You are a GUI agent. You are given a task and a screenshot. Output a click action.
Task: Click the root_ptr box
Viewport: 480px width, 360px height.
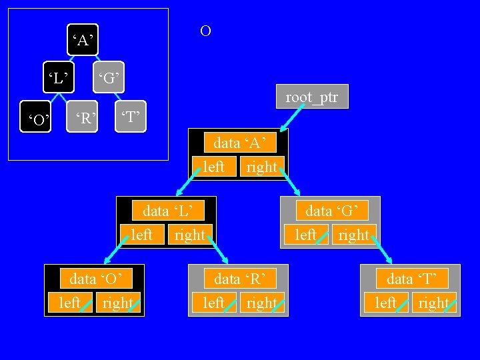(312, 97)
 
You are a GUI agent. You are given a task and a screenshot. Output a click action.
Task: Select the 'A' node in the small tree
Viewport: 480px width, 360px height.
(81, 41)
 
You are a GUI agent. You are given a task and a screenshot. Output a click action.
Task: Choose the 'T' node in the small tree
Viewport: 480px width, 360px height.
(130, 118)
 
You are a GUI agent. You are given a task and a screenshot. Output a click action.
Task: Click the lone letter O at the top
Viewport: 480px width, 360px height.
(205, 31)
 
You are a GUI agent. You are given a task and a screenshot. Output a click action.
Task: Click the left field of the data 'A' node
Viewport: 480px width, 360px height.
(213, 167)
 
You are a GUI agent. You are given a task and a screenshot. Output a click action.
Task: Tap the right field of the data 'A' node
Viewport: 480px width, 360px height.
(261, 167)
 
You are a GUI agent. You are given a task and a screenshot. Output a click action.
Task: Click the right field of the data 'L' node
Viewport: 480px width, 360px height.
(190, 235)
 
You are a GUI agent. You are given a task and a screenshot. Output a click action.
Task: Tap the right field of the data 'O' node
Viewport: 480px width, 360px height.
(118, 303)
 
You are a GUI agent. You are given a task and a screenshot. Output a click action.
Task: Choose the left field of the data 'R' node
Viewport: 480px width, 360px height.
(214, 303)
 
